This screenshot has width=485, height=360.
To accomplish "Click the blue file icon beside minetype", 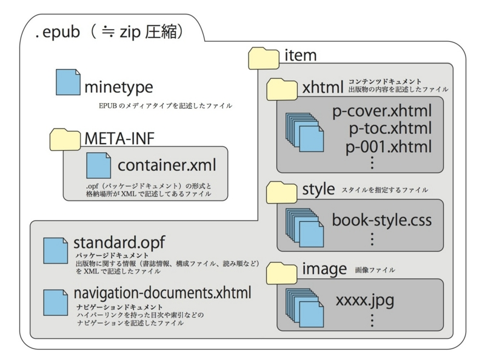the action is coord(68,82).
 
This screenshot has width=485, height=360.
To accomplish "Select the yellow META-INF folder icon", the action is coord(65,139).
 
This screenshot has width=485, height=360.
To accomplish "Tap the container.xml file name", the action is coord(167,165).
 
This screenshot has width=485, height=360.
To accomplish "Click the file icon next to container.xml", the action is coord(98,165).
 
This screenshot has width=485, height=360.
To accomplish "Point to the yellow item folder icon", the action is coord(264,58).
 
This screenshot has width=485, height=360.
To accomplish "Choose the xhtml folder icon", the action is coord(282,89).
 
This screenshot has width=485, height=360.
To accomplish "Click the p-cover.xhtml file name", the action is coord(382,112).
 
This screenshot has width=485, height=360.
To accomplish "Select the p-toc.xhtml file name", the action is coord(390,128).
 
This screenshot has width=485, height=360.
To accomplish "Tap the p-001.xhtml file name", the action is coord(389,147).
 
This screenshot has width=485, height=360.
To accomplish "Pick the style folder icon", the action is coord(282,192).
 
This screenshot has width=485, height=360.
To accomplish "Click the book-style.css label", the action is coord(382,220).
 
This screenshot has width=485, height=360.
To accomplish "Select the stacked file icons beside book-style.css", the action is coord(305,228).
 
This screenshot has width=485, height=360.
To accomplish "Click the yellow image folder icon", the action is coord(282,273).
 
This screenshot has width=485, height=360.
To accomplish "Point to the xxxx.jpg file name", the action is coord(365,301).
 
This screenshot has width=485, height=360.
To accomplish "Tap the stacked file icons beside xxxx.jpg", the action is coord(305,308).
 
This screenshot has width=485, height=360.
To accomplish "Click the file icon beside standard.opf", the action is coord(55,250).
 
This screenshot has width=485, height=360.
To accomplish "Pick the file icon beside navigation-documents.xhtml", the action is coord(55,302).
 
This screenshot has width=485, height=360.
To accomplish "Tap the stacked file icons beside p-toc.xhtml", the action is coord(305,132).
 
